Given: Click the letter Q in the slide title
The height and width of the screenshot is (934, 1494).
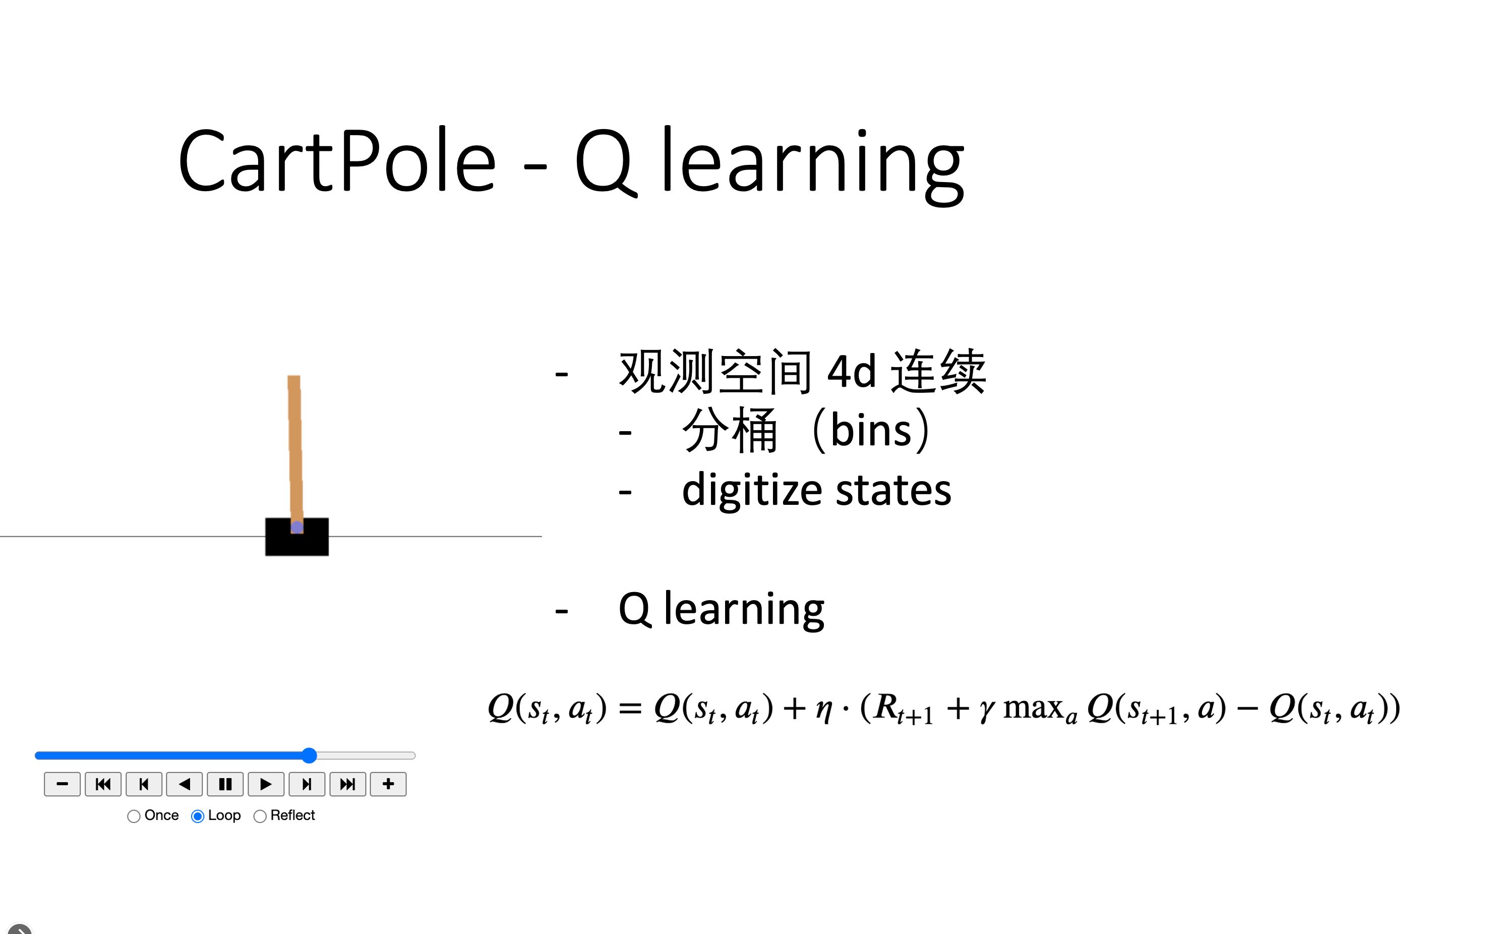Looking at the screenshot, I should click(605, 162).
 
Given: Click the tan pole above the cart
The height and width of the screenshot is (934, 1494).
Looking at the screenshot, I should click(294, 445).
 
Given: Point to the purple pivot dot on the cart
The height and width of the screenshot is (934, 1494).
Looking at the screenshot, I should click(297, 527).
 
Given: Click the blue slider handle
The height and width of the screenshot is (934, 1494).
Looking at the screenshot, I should click(310, 755).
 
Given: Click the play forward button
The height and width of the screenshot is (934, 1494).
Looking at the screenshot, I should click(266, 784).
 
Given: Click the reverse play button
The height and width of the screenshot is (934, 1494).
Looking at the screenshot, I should click(184, 784).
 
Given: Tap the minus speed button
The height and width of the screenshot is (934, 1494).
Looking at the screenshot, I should click(62, 784).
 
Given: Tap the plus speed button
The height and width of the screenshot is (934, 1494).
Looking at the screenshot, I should click(388, 784).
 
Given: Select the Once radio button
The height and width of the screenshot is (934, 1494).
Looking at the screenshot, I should click(134, 816).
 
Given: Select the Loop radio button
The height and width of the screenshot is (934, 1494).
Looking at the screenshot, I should click(198, 816).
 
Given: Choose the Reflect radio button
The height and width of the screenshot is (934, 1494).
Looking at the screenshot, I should click(260, 816).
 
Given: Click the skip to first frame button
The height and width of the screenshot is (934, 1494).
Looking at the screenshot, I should click(103, 784).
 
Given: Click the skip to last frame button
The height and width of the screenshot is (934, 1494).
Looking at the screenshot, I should click(348, 784).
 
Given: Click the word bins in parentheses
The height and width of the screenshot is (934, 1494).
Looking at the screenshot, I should click(871, 430).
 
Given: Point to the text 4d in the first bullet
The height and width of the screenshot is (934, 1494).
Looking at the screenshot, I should click(851, 371).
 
